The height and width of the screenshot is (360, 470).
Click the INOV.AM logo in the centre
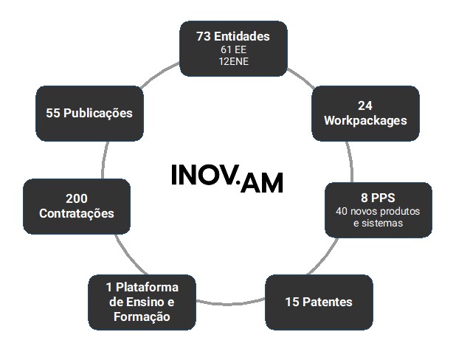(x=226, y=177)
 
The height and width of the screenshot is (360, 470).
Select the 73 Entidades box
(x=233, y=48)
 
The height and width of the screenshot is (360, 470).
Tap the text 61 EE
(x=233, y=49)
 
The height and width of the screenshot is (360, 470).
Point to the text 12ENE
(x=233, y=61)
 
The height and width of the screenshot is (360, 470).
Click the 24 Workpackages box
(x=365, y=113)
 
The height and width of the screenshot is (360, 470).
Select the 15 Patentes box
(x=319, y=302)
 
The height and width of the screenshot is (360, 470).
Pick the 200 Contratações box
(x=77, y=206)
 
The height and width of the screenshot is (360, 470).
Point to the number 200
(x=77, y=198)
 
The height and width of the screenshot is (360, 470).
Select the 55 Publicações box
(x=89, y=114)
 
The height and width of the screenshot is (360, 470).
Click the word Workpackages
(x=365, y=120)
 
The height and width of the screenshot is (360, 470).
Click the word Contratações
(x=77, y=214)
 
